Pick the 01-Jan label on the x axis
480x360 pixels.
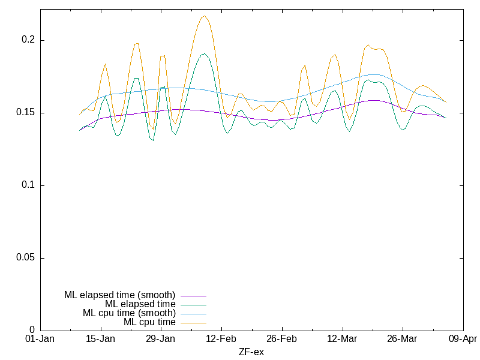pos(40,339)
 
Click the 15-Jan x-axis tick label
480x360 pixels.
pos(101,339)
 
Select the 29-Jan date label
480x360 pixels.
pos(161,339)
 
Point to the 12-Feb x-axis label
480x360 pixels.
pos(221,339)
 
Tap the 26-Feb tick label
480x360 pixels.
pos(282,339)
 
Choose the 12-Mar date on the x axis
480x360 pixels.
pos(342,339)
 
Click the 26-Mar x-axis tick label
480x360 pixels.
pos(403,339)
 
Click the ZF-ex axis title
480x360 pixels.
pos(251,352)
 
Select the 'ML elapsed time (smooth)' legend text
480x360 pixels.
pos(119,295)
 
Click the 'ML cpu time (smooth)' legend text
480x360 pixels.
pos(129,313)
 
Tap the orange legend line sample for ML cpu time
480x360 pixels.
pos(193,322)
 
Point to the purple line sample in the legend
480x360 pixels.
pos(193,295)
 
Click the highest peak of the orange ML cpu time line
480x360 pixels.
pos(204,16)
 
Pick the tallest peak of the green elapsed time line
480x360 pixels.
pos(204,54)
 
